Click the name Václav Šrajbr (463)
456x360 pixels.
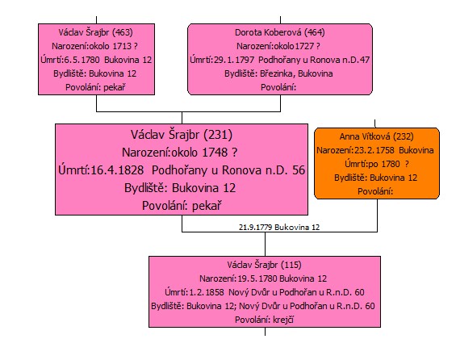[x=95, y=32]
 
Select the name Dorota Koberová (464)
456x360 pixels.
[x=280, y=32]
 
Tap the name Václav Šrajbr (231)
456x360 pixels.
[x=182, y=135]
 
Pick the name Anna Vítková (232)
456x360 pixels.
[x=376, y=136]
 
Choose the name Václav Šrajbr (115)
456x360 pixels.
[x=264, y=265]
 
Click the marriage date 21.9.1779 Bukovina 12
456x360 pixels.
[x=279, y=227]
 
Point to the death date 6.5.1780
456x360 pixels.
[x=82, y=60]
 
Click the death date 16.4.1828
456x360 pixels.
[x=117, y=170]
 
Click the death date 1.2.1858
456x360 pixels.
[x=207, y=292]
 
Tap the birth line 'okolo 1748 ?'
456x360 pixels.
[x=204, y=153]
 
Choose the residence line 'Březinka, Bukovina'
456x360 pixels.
[x=296, y=73]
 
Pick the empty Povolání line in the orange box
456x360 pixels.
[x=375, y=191]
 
